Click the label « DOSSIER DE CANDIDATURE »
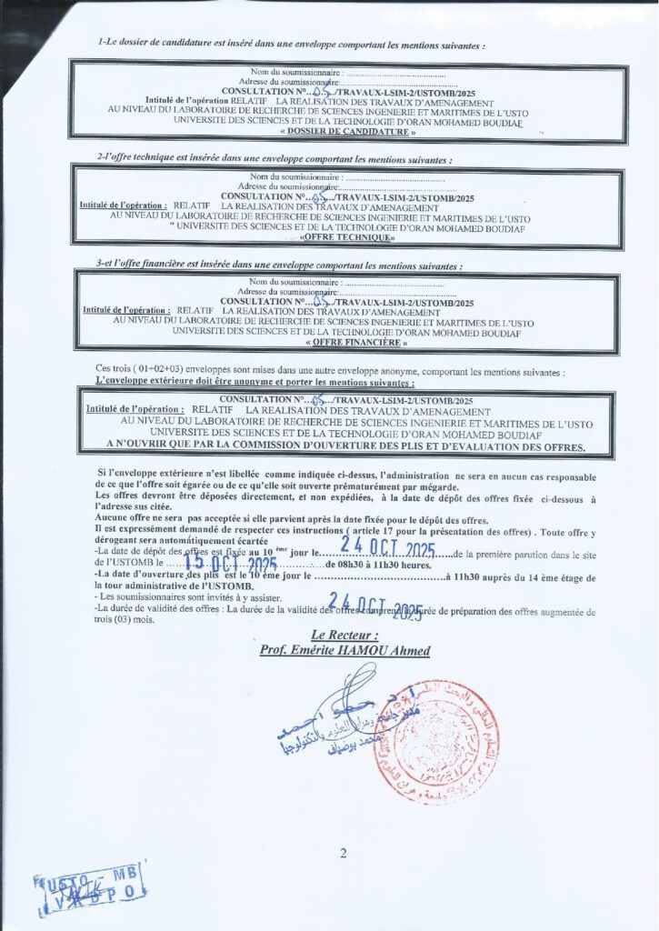tap(349, 133)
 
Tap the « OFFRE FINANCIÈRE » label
tap(349, 343)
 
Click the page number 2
tap(344, 853)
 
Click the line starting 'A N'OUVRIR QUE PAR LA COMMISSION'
tap(346, 446)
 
